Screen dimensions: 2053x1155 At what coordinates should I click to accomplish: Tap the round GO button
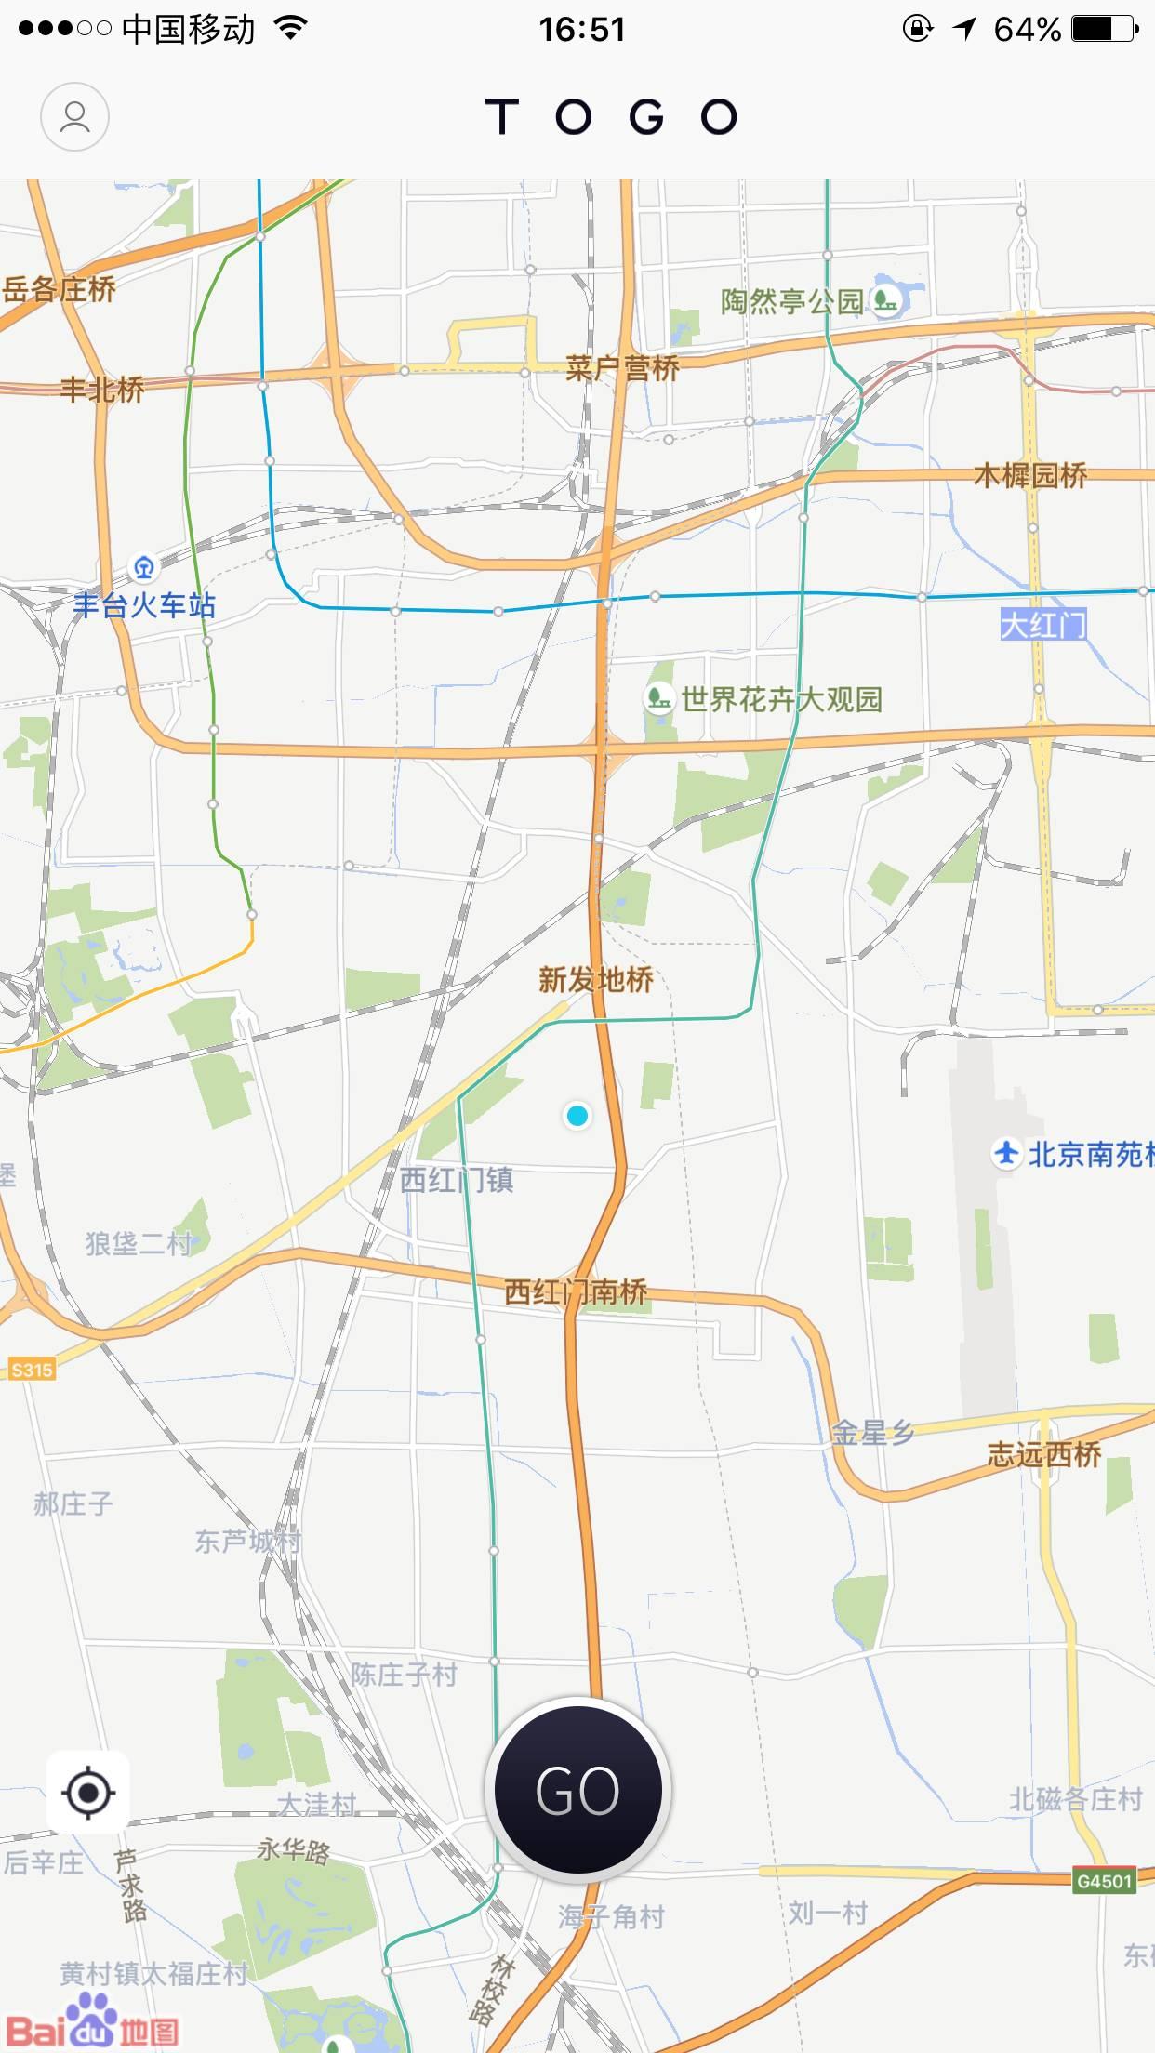pos(577,1790)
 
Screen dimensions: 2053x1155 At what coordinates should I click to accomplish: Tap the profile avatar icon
pos(74,117)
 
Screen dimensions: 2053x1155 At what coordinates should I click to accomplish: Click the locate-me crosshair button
pos(88,1792)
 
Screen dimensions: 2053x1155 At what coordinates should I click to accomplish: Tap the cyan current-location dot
pos(577,1115)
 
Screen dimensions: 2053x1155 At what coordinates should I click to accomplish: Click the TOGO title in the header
pos(611,117)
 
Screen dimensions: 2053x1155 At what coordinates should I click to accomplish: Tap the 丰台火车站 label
pos(144,605)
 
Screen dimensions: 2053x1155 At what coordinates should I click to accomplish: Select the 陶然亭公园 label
pos(791,300)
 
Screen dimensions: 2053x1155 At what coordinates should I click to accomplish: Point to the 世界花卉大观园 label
pos(781,698)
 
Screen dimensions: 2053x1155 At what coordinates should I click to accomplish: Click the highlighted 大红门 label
pos(1042,624)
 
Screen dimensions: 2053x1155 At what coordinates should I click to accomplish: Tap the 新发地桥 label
pos(595,979)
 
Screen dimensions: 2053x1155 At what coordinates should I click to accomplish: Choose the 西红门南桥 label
pos(576,1291)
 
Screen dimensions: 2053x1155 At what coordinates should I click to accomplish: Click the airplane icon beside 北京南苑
pos(1006,1153)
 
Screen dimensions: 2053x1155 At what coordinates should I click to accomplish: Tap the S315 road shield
pos(32,1370)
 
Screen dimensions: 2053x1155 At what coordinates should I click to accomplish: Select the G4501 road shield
pos(1104,1881)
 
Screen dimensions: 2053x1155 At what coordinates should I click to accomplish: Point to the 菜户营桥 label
pos(622,368)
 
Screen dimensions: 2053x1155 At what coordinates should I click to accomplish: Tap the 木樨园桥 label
pos(1030,475)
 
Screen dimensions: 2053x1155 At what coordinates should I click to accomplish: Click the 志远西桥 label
pos(1043,1453)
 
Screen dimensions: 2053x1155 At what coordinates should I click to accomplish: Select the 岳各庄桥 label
pos(59,289)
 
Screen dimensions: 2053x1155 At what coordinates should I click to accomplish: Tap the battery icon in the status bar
pos(1103,29)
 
